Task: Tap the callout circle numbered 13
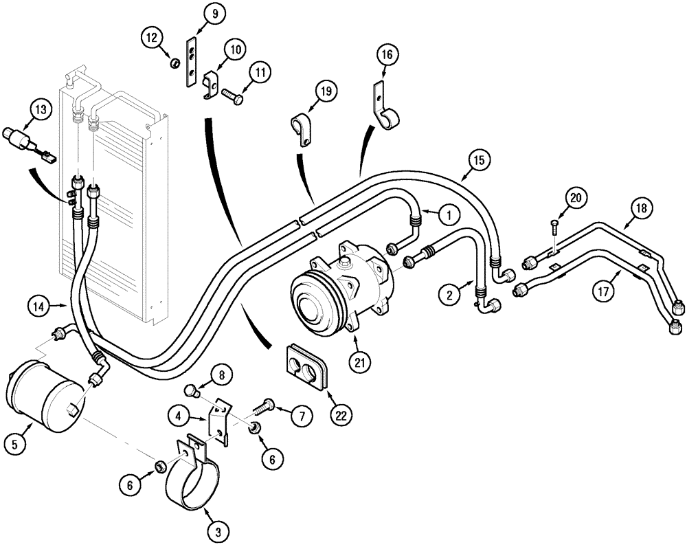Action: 41,109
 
